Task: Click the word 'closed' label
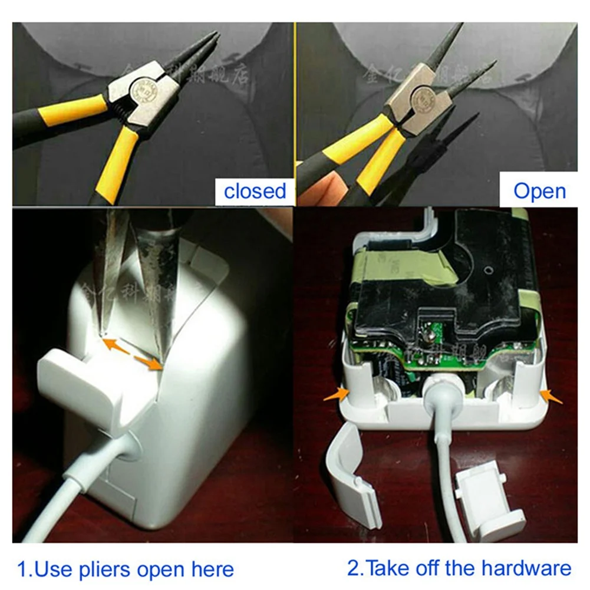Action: (x=255, y=190)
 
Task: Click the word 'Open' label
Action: (x=539, y=190)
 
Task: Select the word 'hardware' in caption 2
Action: (x=526, y=568)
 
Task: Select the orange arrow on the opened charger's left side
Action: (x=334, y=394)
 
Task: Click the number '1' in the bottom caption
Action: (x=22, y=569)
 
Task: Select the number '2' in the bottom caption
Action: (x=353, y=568)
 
